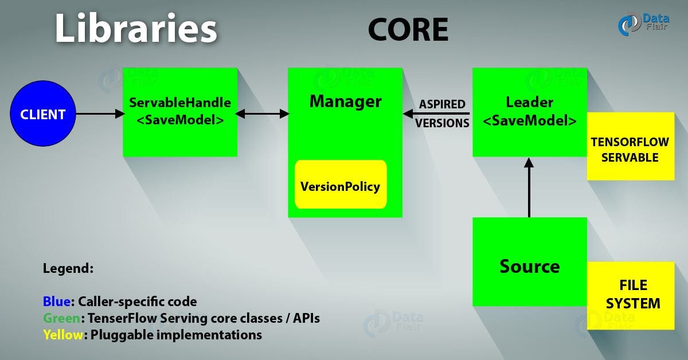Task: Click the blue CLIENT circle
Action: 42,114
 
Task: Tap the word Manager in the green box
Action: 345,101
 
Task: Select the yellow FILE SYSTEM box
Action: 631,295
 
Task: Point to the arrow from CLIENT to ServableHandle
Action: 100,114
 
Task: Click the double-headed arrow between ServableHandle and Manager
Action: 263,114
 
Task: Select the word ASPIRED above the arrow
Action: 441,104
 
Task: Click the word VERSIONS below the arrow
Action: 442,123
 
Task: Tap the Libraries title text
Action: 136,28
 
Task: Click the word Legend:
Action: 68,268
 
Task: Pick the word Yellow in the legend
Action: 63,334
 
